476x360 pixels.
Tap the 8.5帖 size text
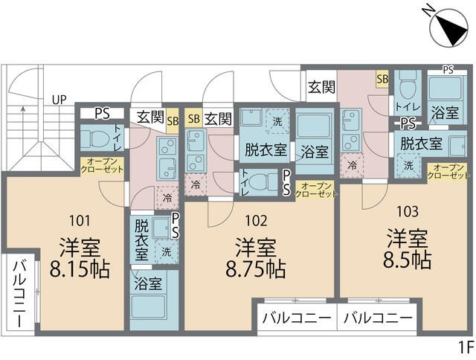(408, 260)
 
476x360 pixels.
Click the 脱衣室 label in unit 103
(422, 143)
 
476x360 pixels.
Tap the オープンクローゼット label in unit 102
(315, 188)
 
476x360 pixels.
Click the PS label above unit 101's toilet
(102, 114)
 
